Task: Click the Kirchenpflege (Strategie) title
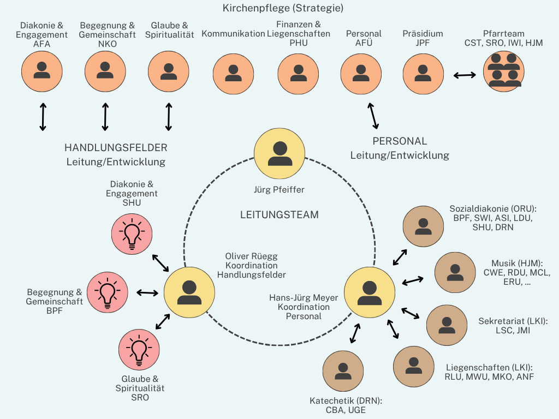pyautogui.click(x=283, y=8)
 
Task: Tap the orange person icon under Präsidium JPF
pyautogui.click(x=423, y=74)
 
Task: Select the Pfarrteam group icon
pyautogui.click(x=504, y=71)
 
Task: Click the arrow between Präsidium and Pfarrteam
pyautogui.click(x=465, y=75)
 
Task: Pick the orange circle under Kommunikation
pyautogui.click(x=233, y=74)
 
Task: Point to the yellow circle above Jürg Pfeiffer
pyautogui.click(x=279, y=153)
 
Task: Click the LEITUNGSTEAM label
pyautogui.click(x=279, y=215)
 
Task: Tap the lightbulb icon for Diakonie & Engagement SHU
pyautogui.click(x=132, y=234)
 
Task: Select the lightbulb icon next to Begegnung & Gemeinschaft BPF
pyautogui.click(x=108, y=292)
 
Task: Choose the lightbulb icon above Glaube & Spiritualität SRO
pyautogui.click(x=139, y=350)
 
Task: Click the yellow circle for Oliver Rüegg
pyautogui.click(x=189, y=292)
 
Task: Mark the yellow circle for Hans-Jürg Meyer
pyautogui.click(x=370, y=292)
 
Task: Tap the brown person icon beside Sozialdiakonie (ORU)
pyautogui.click(x=423, y=226)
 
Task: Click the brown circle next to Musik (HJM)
pyautogui.click(x=455, y=273)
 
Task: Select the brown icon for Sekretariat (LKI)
pyautogui.click(x=447, y=325)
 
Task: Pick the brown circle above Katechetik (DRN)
pyautogui.click(x=343, y=371)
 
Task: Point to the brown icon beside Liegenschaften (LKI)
pyautogui.click(x=414, y=366)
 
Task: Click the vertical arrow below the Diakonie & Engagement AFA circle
pyautogui.click(x=43, y=117)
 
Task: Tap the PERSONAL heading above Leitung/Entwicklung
pyautogui.click(x=400, y=141)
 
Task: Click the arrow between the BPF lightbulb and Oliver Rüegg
pyautogui.click(x=147, y=293)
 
